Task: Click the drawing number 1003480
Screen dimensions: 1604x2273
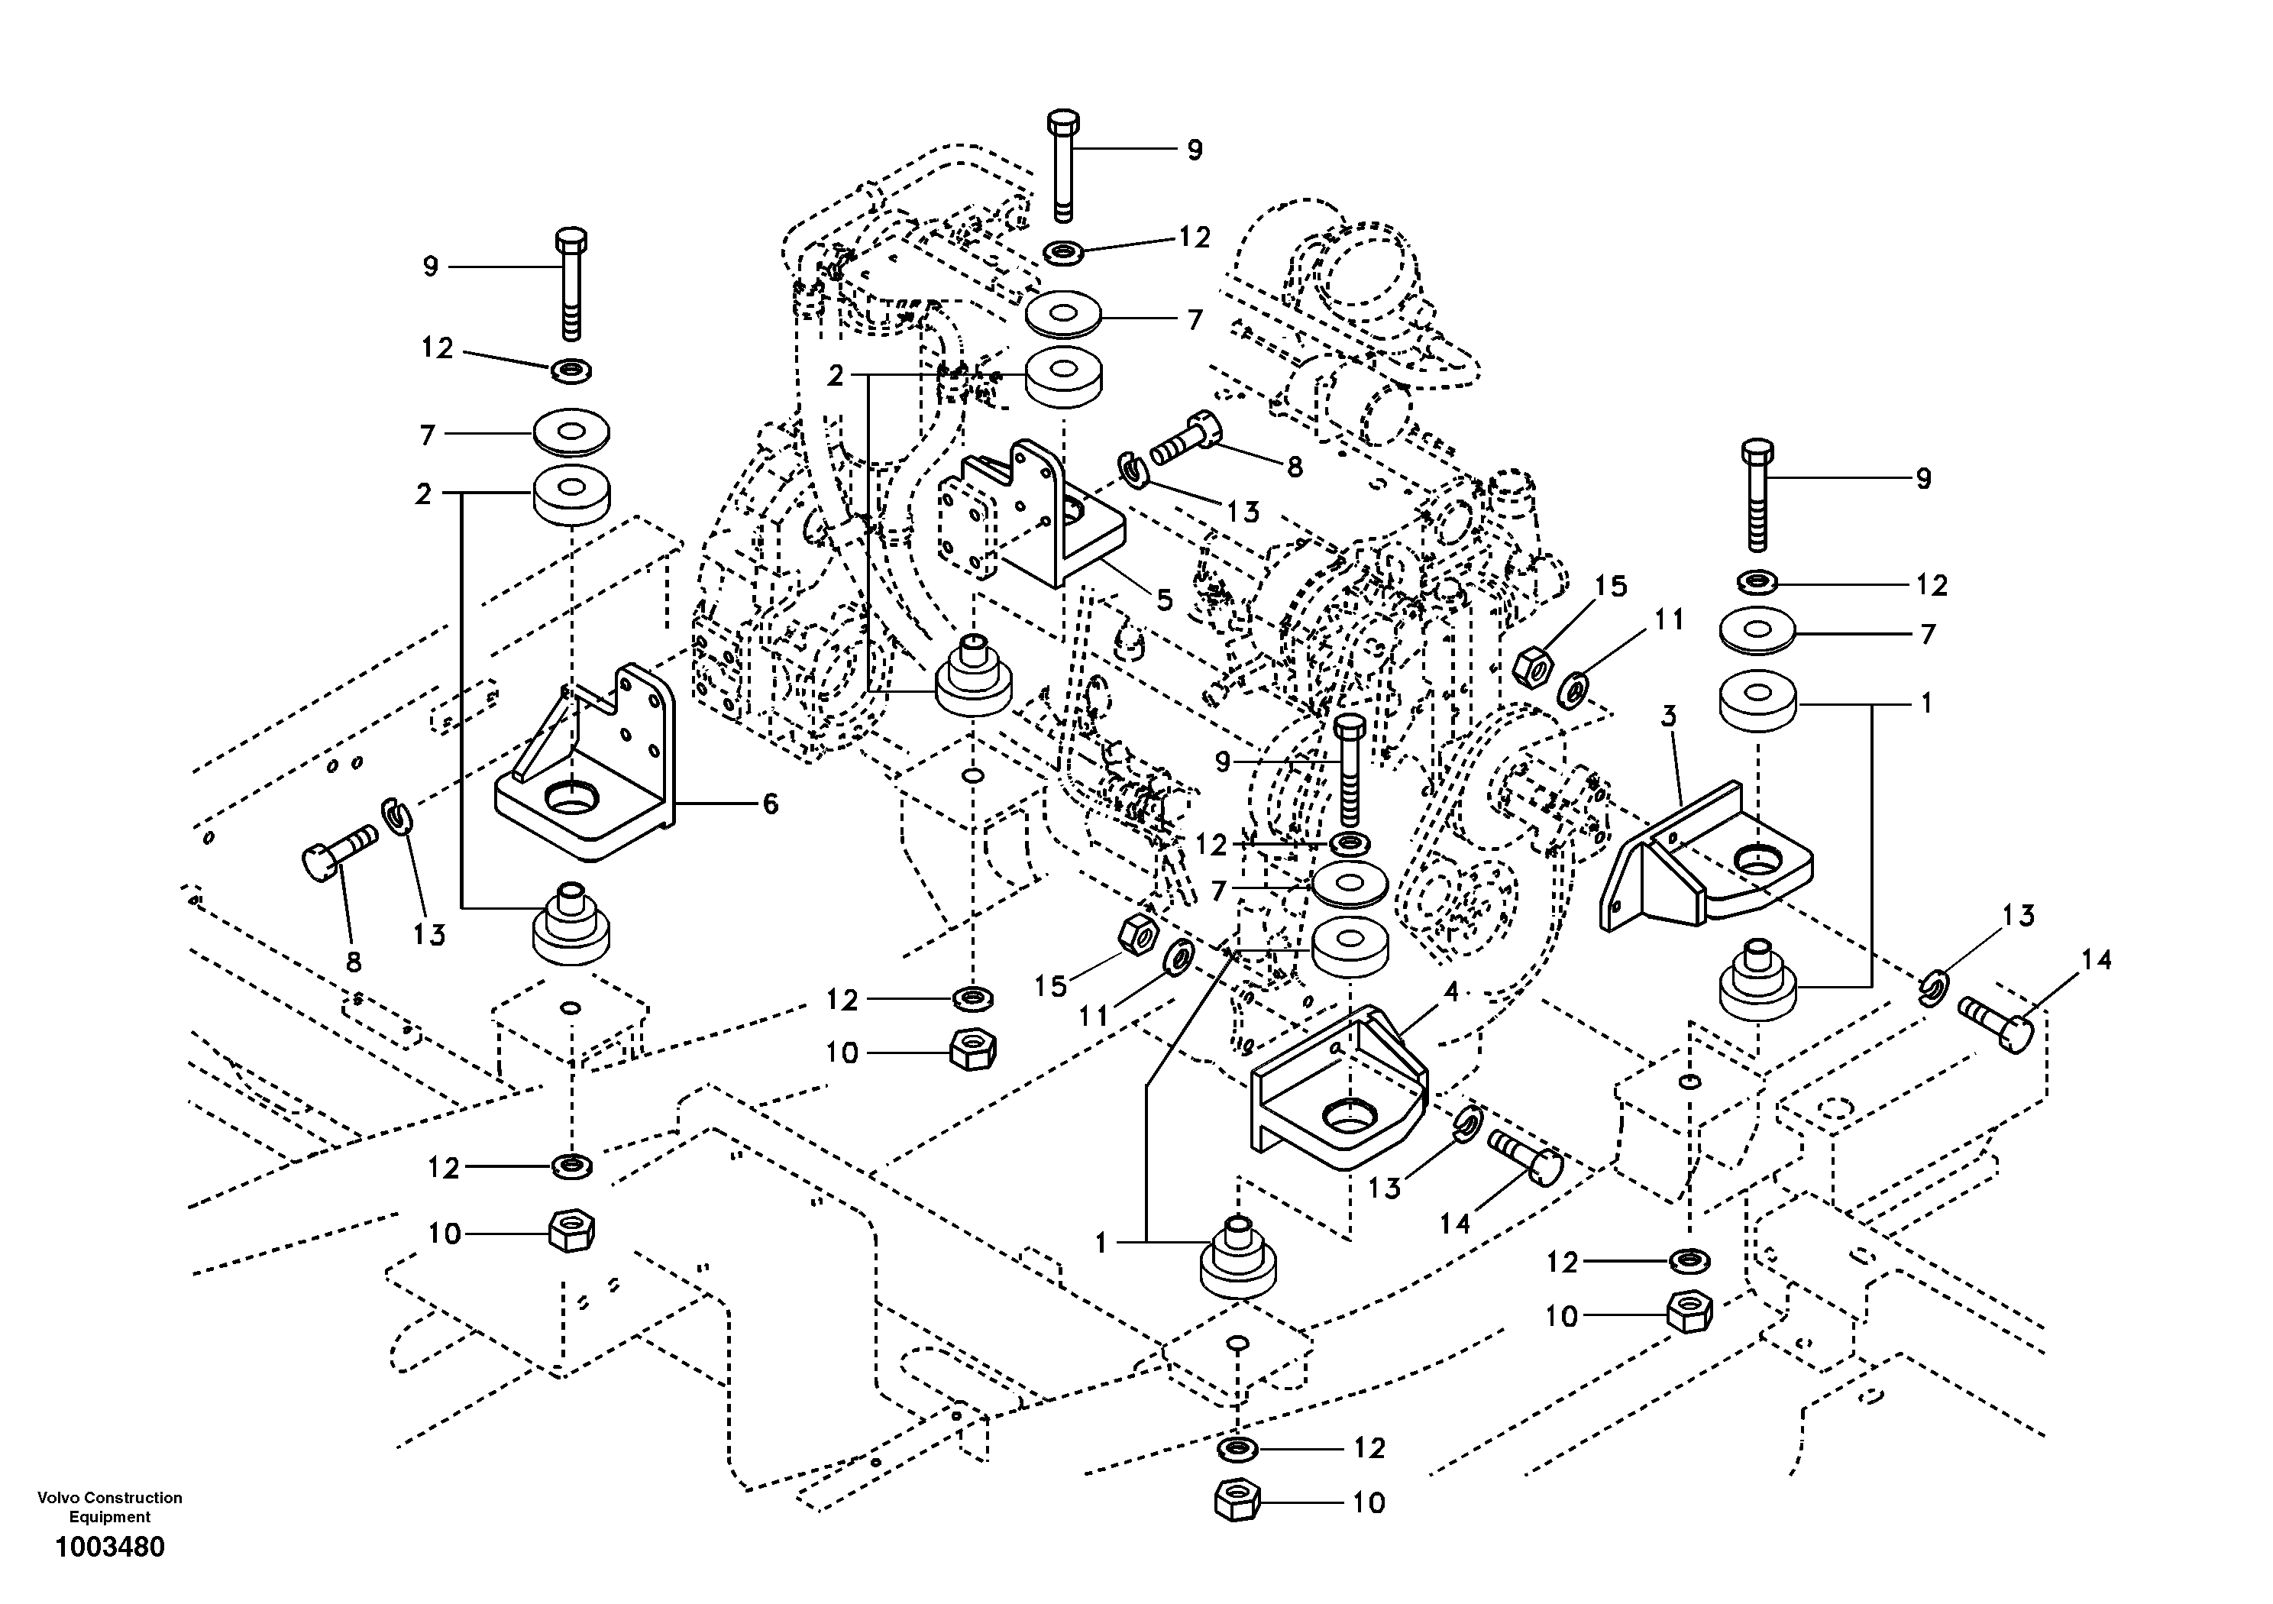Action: [x=110, y=1547]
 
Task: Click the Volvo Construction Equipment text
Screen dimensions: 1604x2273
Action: [x=110, y=1507]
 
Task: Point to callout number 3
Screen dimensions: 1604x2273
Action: [x=1668, y=716]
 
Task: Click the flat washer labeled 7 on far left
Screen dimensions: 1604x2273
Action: [x=571, y=432]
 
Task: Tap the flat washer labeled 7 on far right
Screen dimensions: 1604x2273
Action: [x=1757, y=632]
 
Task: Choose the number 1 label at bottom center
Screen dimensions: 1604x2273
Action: [x=1101, y=1243]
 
